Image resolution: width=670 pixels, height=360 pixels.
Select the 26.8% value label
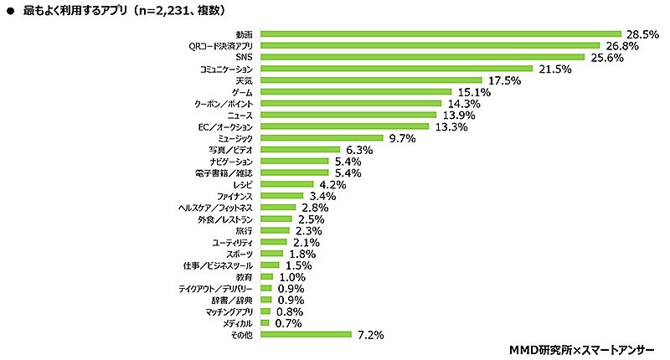pyautogui.click(x=621, y=45)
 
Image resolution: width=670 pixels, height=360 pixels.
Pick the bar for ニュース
pyautogui.click(x=348, y=115)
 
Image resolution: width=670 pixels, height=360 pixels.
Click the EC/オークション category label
pyautogui.click(x=224, y=126)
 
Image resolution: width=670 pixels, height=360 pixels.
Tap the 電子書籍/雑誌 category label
pyautogui.click(x=226, y=172)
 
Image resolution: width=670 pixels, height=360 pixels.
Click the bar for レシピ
pyautogui.click(x=287, y=184)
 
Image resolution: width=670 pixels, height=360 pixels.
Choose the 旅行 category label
pyautogui.click(x=245, y=230)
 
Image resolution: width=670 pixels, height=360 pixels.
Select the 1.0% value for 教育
pyautogui.click(x=291, y=276)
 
